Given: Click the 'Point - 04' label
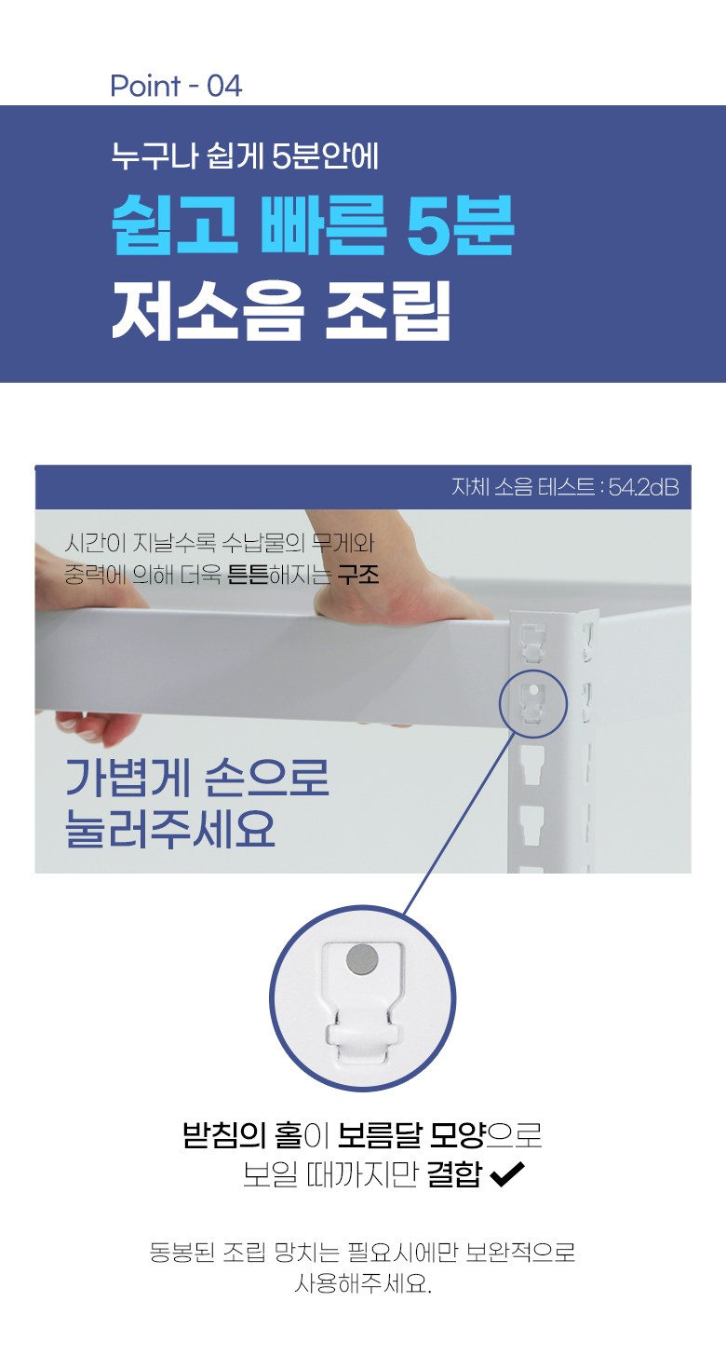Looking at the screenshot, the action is point(176,86).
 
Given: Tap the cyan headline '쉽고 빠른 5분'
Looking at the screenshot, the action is point(313,225).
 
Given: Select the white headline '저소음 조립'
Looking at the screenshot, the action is point(281,310).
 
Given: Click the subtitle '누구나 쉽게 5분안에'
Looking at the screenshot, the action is point(245,156).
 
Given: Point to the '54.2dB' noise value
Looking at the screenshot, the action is point(643,487).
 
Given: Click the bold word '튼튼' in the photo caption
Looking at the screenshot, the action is point(248,576).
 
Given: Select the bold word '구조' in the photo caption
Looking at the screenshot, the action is point(358,576).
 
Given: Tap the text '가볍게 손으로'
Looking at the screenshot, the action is point(197,778).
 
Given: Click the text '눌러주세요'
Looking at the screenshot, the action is point(170,829).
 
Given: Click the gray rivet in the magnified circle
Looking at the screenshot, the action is point(362,959).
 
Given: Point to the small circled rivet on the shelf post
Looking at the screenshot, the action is point(533,689).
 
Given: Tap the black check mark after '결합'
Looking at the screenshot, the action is point(506,1174).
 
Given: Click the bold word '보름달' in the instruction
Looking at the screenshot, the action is point(379,1135).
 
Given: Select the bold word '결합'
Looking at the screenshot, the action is point(454,1174).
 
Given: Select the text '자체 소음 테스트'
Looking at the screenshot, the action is point(523,487).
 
